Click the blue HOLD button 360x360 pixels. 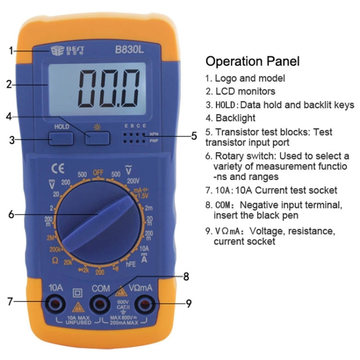click(x=61, y=138)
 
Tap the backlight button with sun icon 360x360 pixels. click(x=97, y=138)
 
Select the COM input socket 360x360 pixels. click(x=100, y=303)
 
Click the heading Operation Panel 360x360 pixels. click(x=252, y=61)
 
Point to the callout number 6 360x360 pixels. click(x=11, y=214)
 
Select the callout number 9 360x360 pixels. click(x=189, y=303)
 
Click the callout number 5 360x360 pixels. click(x=194, y=136)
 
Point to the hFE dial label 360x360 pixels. click(x=131, y=264)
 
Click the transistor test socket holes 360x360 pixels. click(x=134, y=138)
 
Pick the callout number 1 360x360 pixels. click(x=11, y=50)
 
